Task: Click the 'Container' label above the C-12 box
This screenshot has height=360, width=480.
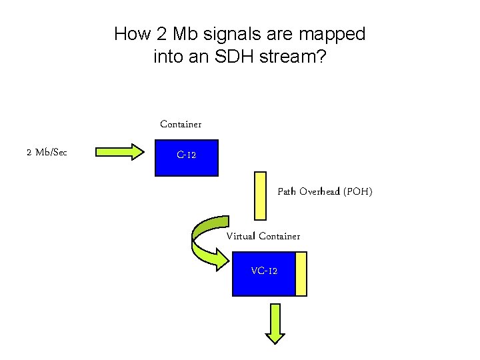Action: [x=181, y=125]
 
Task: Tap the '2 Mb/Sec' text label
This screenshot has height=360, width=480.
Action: [x=47, y=153]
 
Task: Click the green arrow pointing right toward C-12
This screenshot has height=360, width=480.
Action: [x=121, y=152]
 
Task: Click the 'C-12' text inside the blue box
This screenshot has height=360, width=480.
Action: [x=186, y=155]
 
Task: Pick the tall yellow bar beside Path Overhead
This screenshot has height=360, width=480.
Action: [x=260, y=195]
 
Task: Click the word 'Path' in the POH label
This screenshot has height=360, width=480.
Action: [x=287, y=192]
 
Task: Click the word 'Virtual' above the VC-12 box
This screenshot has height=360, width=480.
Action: [x=241, y=236]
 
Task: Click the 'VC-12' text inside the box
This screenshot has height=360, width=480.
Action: [x=264, y=271]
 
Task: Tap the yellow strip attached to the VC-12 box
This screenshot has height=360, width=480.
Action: [x=301, y=273]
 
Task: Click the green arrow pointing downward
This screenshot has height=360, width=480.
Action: [x=274, y=323]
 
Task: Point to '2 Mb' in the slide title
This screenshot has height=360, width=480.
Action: [x=173, y=34]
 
